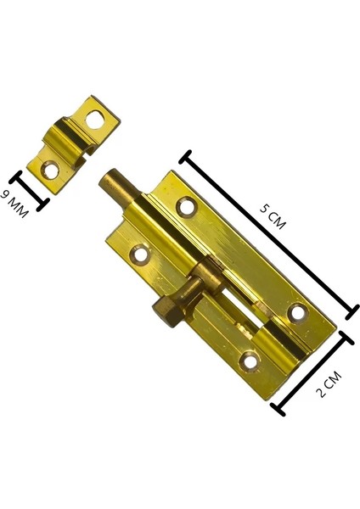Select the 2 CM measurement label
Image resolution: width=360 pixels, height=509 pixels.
(326, 382)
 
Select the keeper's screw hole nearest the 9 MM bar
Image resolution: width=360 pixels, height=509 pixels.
(51, 170)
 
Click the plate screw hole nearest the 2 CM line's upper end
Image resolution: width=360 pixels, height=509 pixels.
(297, 313)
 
